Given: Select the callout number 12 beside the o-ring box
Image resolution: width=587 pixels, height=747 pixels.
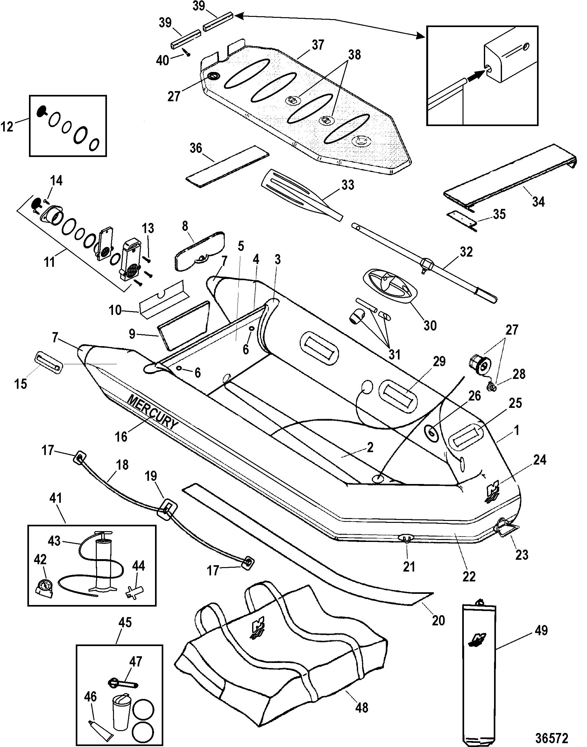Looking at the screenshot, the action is click(x=7, y=126).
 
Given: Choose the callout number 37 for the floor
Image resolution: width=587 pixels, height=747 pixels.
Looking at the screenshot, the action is click(x=318, y=45).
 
